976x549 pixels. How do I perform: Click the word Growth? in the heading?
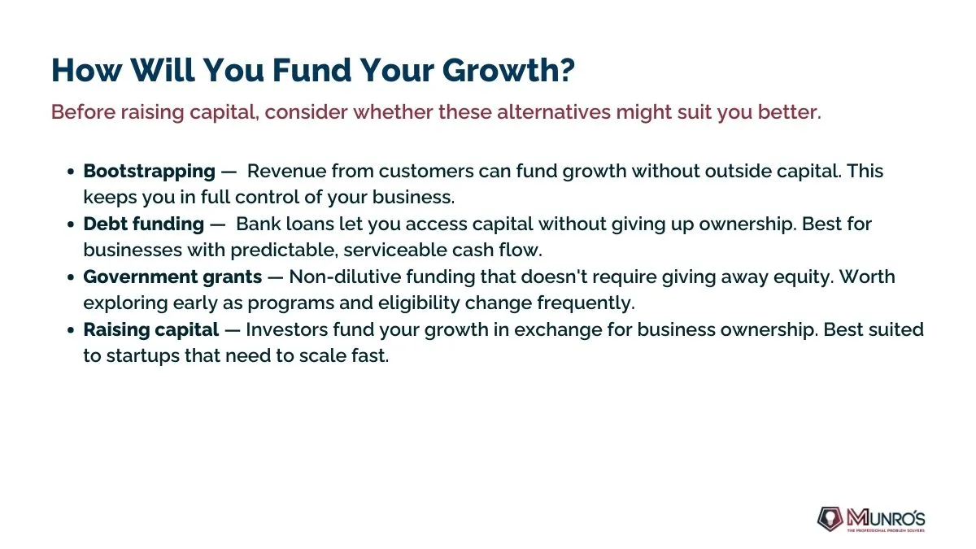click(509, 71)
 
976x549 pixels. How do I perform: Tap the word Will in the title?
click(162, 70)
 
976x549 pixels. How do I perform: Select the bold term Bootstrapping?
click(150, 172)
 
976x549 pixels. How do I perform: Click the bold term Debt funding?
click(144, 224)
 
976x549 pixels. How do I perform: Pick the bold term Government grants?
click(172, 277)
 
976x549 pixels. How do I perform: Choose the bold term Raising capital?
click(151, 330)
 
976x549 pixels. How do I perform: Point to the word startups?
click(143, 356)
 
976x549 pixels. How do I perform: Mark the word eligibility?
click(419, 303)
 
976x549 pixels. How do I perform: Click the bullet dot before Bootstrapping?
click(71, 172)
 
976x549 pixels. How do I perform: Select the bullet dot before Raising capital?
click(71, 330)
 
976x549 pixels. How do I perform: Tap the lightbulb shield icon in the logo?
click(830, 519)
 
